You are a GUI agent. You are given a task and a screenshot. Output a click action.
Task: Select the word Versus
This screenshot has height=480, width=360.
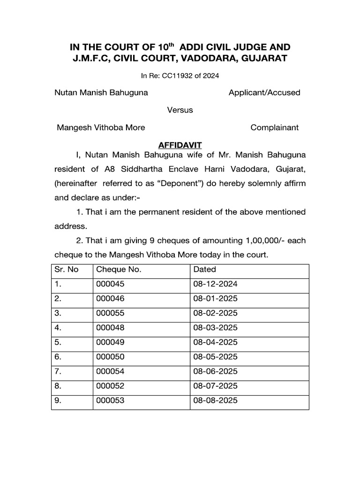pyautogui.click(x=180, y=110)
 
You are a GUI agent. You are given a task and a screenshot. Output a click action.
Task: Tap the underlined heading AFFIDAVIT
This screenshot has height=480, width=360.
pyautogui.click(x=180, y=146)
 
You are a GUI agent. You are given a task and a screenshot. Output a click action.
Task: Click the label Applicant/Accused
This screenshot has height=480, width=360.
pyautogui.click(x=264, y=92)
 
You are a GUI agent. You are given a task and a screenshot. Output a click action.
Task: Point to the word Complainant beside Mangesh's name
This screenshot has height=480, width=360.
pyautogui.click(x=274, y=127)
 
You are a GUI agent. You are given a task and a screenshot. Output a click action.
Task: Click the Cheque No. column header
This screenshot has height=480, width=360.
pyautogui.click(x=119, y=270)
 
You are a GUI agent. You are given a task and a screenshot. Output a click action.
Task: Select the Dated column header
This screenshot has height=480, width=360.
pyautogui.click(x=204, y=270)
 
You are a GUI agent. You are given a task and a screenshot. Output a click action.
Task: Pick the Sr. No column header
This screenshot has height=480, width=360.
pyautogui.click(x=67, y=270)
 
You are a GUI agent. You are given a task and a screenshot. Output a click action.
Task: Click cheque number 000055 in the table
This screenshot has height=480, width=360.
pyautogui.click(x=111, y=313)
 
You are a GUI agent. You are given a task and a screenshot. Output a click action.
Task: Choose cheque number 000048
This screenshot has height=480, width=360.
pyautogui.click(x=111, y=328)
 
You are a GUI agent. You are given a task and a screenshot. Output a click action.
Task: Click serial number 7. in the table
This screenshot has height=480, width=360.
pyautogui.click(x=58, y=371)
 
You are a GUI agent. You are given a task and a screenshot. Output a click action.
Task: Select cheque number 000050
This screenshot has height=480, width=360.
pyautogui.click(x=111, y=357)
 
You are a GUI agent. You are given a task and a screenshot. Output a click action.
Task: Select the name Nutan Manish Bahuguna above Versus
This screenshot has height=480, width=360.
pyautogui.click(x=101, y=92)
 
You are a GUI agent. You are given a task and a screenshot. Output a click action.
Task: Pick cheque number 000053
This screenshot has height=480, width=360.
pyautogui.click(x=111, y=400)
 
